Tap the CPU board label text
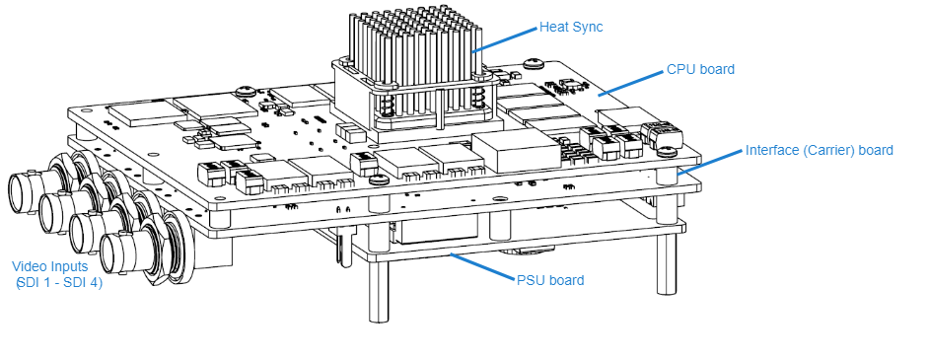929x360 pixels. (x=700, y=69)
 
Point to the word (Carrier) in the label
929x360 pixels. (x=830, y=151)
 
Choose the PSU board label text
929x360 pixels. (x=550, y=280)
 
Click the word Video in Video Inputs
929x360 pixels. (x=30, y=267)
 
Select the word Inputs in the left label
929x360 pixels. (x=69, y=267)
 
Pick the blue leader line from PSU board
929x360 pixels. (x=483, y=266)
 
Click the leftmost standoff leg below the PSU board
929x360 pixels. (x=378, y=292)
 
